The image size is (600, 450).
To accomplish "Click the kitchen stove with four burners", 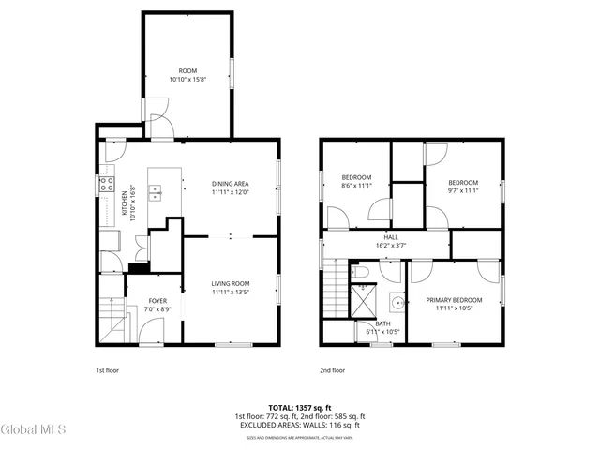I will [107, 185].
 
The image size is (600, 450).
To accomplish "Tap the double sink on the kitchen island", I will [156, 194].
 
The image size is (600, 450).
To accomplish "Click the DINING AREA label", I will [230, 184].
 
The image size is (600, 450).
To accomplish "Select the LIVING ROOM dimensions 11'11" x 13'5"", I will [230, 292].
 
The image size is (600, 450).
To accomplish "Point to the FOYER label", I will [157, 301].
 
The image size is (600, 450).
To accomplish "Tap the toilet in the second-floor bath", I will [360, 272].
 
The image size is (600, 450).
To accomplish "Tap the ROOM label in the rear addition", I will [188, 71].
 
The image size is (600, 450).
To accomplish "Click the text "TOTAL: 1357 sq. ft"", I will [299, 408].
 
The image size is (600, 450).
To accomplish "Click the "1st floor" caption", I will [109, 370].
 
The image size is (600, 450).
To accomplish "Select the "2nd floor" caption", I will [332, 370].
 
